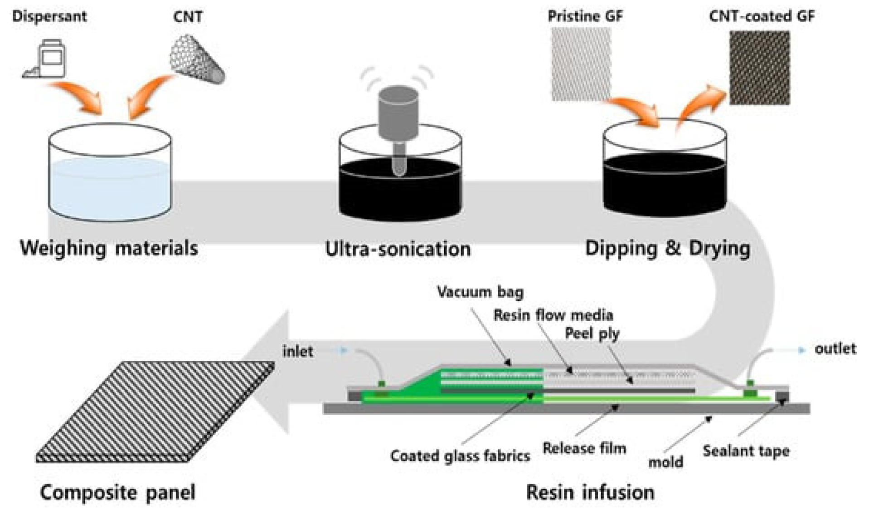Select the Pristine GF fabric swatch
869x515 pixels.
(x=581, y=64)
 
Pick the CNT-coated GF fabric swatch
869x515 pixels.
(x=759, y=68)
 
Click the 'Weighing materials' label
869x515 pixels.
(x=109, y=248)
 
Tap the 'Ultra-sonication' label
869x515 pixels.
(x=398, y=249)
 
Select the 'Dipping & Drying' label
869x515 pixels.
(x=667, y=248)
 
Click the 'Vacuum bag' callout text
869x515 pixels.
(x=480, y=292)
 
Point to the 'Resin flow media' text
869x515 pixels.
(x=553, y=315)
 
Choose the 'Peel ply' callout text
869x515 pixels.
(x=592, y=334)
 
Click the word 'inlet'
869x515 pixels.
(x=297, y=351)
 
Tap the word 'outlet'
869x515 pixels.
(x=835, y=349)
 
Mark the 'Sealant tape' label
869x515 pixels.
(x=746, y=451)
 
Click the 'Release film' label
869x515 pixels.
(x=584, y=449)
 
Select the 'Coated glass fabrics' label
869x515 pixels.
(x=460, y=456)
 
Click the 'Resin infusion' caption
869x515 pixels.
(x=590, y=492)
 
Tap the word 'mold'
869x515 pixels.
(x=665, y=462)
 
